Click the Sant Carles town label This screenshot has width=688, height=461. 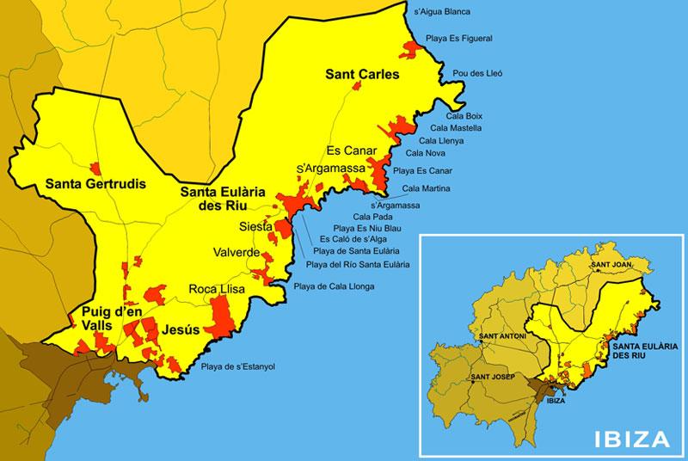[x=362, y=75]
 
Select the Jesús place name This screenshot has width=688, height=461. [x=181, y=329]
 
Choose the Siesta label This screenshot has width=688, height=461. [x=256, y=227]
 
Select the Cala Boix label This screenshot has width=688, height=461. [x=464, y=115]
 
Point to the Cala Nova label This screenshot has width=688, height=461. [x=436, y=152]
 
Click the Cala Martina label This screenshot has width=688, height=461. [x=426, y=188]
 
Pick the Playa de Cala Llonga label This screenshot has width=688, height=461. [x=334, y=286]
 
